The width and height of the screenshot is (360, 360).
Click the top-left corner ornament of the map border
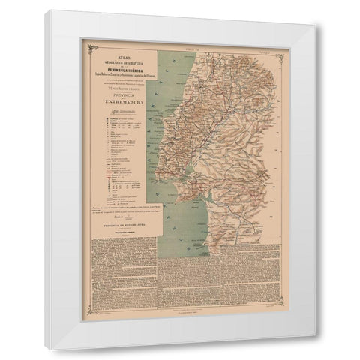point(92,50)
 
